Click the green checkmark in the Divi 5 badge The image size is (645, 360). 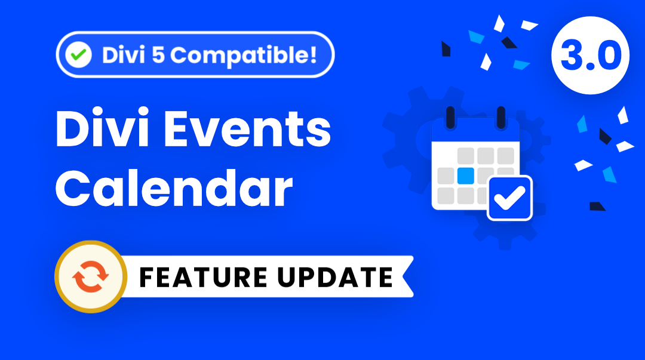point(78,56)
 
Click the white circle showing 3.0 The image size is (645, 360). point(590,56)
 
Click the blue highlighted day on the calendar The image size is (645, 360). point(465,176)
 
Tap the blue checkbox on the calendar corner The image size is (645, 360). point(509,198)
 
